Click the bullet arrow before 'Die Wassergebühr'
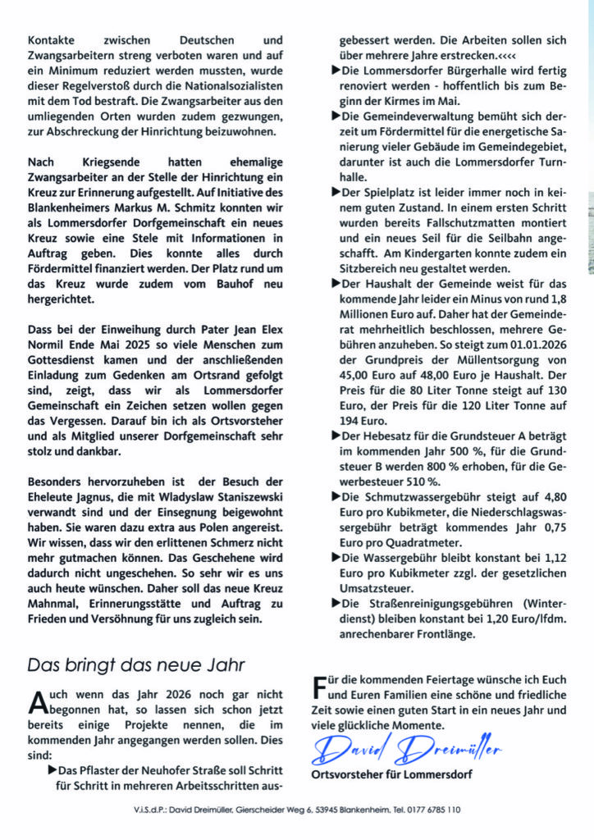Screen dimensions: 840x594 pyautogui.click(x=336, y=556)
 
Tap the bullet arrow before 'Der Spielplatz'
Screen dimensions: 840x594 pyautogui.click(x=336, y=191)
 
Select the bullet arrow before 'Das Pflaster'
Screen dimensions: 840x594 pyautogui.click(x=53, y=770)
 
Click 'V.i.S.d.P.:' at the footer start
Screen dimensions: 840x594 pyautogui.click(x=153, y=808)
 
